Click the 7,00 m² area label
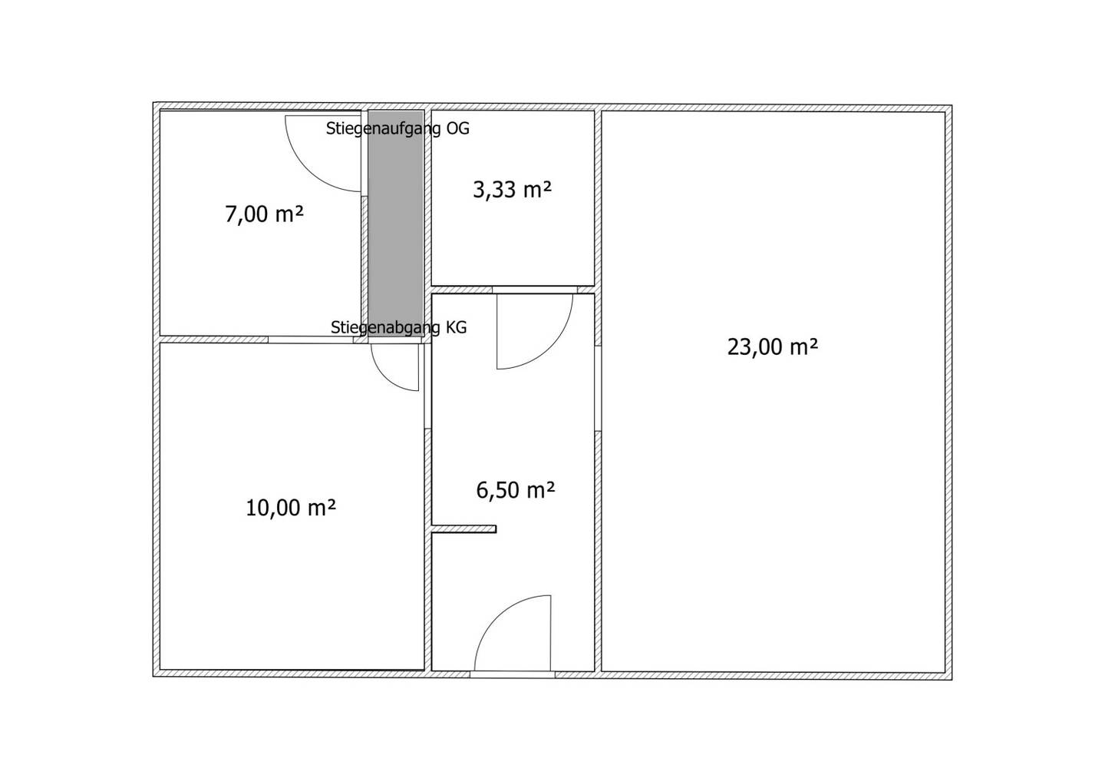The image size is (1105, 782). click(x=264, y=215)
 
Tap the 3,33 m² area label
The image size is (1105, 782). click(x=512, y=190)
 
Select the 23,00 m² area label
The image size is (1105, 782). click(x=773, y=346)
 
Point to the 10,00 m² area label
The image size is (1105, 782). click(x=291, y=508)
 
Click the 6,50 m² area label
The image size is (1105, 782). click(x=516, y=490)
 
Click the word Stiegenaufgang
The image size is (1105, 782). click(x=384, y=129)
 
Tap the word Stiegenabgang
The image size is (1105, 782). click(x=385, y=327)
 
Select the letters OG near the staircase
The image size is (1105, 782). click(x=458, y=128)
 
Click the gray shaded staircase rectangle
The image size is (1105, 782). click(x=396, y=223)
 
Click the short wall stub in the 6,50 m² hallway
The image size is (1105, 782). click(x=463, y=529)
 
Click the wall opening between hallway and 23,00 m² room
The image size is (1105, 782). click(x=598, y=388)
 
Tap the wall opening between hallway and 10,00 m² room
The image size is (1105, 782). click(x=427, y=386)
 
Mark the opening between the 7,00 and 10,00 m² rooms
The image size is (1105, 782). click(x=311, y=340)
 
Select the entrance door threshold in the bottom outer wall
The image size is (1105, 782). click(x=512, y=674)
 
